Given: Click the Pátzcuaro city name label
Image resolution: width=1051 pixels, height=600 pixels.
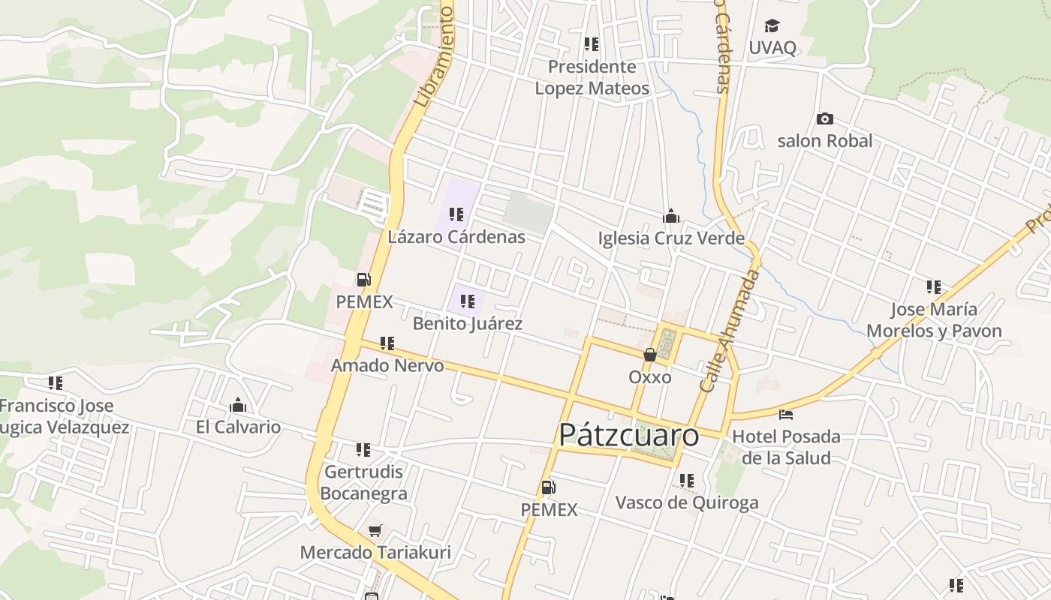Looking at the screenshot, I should (629, 435).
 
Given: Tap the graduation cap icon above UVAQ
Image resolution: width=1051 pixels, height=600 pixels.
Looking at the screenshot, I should (772, 27).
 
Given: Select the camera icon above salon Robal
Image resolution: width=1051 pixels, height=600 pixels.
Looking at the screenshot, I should (824, 118).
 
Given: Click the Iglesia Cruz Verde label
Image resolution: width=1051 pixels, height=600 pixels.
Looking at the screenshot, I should (671, 238).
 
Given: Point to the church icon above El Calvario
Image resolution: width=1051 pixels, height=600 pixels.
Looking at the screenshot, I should (238, 406).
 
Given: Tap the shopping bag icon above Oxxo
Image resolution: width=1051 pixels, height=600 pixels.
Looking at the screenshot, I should (650, 355).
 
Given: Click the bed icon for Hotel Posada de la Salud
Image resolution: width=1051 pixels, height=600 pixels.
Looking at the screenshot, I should (786, 414).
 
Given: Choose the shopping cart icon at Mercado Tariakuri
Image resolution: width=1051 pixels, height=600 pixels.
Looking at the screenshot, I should (375, 530).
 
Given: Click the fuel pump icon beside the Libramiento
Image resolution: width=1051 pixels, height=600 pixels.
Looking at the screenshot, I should (364, 280).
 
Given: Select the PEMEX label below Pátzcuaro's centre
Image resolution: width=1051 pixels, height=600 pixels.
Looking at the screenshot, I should (550, 510).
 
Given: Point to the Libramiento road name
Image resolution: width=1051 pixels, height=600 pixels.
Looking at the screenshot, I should (435, 56).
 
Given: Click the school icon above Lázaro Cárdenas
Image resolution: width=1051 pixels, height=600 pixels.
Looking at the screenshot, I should (456, 215).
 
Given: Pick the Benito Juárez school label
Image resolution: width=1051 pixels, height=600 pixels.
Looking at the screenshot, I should (468, 324).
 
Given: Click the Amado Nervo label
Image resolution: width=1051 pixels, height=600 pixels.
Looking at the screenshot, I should (387, 366).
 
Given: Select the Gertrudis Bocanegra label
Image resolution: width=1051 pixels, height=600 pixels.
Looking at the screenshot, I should (363, 483).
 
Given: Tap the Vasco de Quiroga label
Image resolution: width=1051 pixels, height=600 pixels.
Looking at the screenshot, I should (687, 502).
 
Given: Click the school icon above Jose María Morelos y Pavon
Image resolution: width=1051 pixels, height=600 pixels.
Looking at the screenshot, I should (934, 287).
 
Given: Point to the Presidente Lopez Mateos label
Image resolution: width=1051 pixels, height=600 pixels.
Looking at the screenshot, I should (592, 77).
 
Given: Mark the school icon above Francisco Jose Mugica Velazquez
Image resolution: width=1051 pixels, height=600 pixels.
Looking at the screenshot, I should (56, 383).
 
